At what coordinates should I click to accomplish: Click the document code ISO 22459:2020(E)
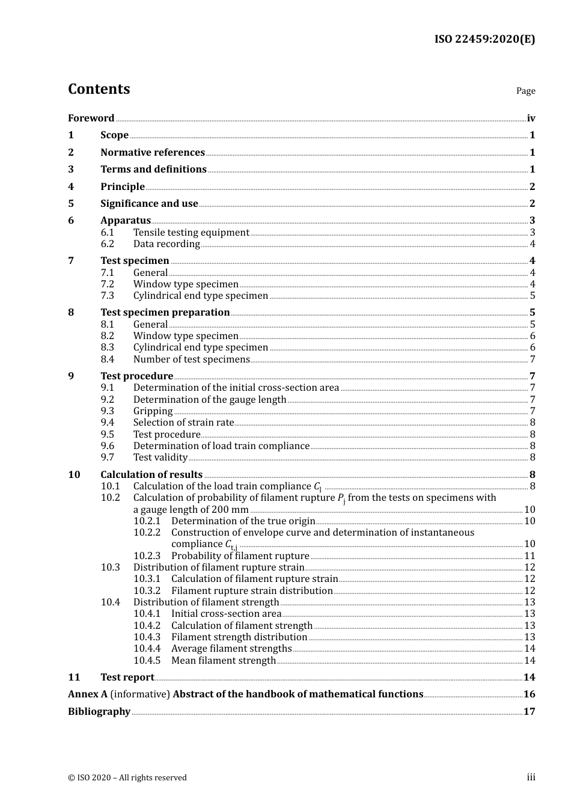tap(484, 39)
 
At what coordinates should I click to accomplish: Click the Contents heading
tap(99, 89)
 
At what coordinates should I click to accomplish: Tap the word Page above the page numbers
tap(525, 91)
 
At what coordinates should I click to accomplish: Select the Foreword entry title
tap(91, 118)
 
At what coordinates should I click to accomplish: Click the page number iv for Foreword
tap(531, 118)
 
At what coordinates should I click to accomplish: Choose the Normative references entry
tap(153, 153)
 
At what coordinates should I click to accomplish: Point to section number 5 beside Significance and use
tap(71, 204)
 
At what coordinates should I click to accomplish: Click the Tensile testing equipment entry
tap(191, 233)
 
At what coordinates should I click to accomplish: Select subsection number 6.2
tap(108, 244)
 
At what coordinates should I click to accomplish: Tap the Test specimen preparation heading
tap(165, 313)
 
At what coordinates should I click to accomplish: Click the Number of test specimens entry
tap(191, 360)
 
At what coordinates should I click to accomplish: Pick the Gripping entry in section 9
tap(153, 411)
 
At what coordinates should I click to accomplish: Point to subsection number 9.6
tap(108, 446)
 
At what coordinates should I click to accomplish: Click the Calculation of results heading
tap(151, 475)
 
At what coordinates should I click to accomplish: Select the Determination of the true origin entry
tap(243, 521)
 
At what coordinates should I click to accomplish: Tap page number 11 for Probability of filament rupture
tap(530, 556)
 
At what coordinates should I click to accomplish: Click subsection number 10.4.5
tap(147, 661)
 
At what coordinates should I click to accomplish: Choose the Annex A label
tap(88, 694)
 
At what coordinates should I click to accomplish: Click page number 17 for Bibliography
tap(529, 712)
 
